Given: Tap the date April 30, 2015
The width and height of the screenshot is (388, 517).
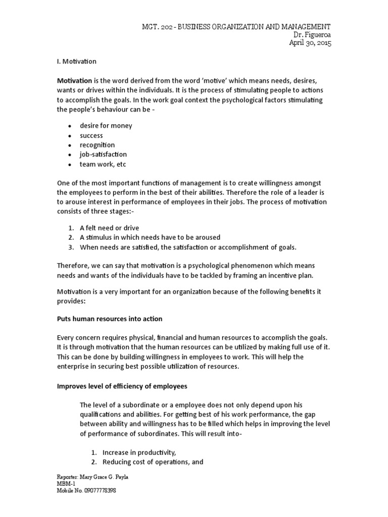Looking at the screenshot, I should (311, 43).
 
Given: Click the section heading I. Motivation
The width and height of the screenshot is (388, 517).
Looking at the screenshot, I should (76, 62).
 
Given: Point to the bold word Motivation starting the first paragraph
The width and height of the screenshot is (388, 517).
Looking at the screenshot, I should (74, 81).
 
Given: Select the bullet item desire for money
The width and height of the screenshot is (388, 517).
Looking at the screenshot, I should (106, 126).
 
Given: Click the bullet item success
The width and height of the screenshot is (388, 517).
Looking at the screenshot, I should (91, 135).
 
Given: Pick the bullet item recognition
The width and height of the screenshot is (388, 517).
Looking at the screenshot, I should (97, 145).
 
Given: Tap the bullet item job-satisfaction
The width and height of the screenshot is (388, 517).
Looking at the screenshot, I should (103, 154).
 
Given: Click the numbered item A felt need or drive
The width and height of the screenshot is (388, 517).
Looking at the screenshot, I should (109, 228).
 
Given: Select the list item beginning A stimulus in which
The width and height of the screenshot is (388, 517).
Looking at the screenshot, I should (150, 237).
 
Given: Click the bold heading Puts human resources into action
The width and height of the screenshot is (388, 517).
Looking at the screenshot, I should (109, 319).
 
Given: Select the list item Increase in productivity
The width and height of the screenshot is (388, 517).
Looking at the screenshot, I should (139, 452).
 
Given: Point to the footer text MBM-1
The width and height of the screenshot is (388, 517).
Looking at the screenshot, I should (64, 484).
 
